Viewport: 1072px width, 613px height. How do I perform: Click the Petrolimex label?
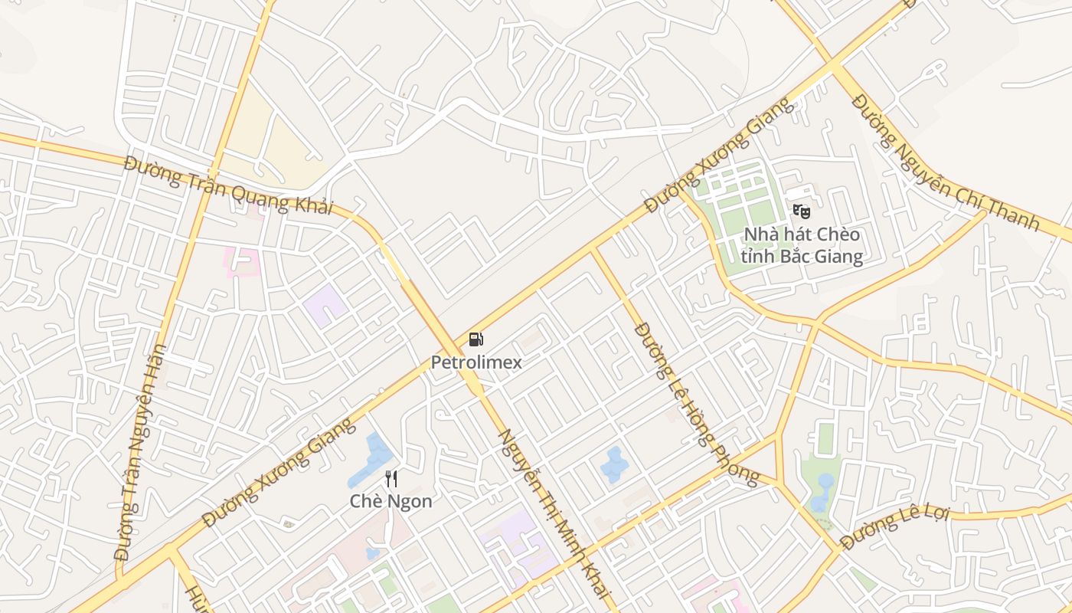476,362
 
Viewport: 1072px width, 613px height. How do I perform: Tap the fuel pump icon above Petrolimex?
476,339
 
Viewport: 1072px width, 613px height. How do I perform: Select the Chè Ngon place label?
391,501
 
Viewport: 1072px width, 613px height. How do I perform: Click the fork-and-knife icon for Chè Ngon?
391,479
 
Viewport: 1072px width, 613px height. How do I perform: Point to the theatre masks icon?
801,211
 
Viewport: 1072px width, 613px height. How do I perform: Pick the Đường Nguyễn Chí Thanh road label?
946,162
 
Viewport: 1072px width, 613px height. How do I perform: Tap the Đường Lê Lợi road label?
894,529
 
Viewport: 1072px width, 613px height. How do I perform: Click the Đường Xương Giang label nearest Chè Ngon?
279,473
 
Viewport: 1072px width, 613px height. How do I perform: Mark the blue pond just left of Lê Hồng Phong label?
614,464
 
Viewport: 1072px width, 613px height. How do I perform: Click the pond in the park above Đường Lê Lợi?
823,490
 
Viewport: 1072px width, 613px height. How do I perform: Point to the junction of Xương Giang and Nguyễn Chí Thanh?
835,65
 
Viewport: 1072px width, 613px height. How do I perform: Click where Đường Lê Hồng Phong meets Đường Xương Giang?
593,250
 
